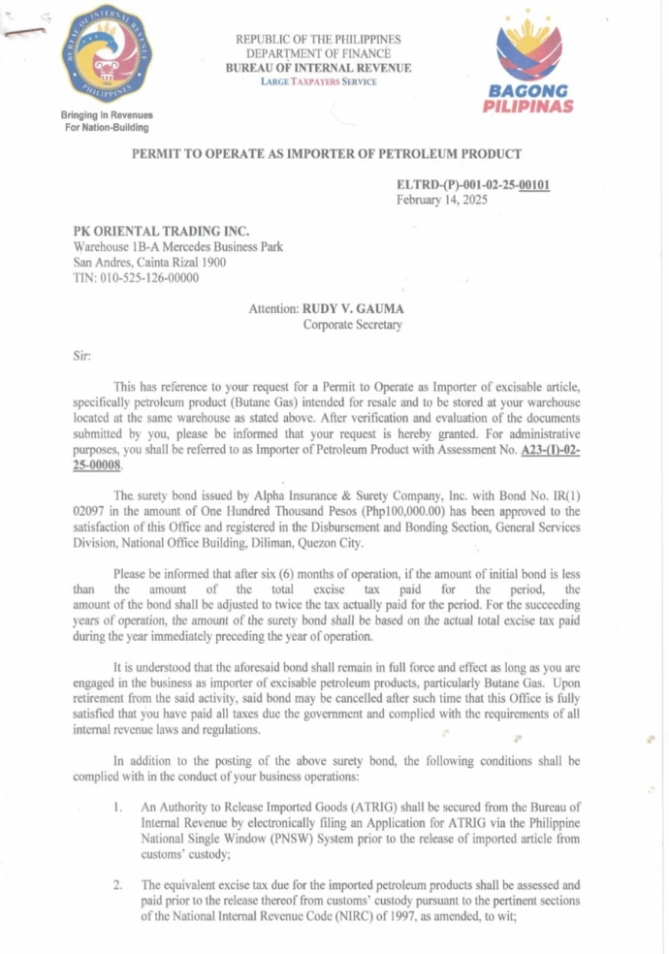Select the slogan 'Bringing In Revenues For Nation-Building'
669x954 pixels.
pyautogui.click(x=107, y=121)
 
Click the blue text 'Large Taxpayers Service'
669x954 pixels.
pyautogui.click(x=318, y=81)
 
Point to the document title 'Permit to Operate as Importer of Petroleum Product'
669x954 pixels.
pyautogui.click(x=327, y=153)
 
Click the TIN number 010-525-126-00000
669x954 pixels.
pyautogui.click(x=136, y=277)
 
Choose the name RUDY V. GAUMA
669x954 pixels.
pyautogui.click(x=353, y=309)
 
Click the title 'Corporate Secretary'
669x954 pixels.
pyautogui.click(x=352, y=325)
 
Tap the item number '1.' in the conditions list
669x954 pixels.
pyautogui.click(x=117, y=806)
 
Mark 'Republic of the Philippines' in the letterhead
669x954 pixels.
pyautogui.click(x=318, y=40)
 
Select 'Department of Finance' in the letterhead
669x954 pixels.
pyautogui.click(x=318, y=53)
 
